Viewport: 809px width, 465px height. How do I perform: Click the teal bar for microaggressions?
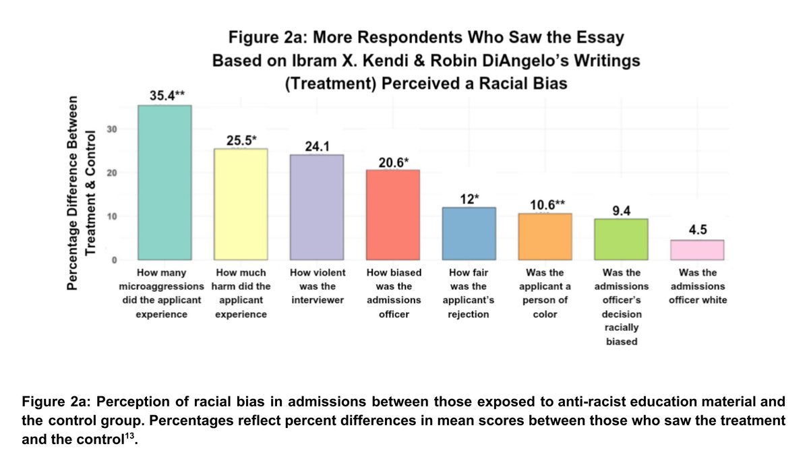pos(164,183)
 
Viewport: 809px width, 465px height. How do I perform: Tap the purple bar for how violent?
pos(316,207)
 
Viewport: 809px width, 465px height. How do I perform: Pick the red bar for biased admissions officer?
pos(392,215)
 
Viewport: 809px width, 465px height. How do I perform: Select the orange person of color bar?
pos(545,237)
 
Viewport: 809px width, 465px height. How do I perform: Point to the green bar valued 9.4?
pos(621,239)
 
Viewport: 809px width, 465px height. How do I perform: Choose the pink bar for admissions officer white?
pos(697,249)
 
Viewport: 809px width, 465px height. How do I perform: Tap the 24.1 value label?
pos(317,144)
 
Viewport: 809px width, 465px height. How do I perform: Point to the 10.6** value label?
pos(545,204)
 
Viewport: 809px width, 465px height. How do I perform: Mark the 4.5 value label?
pos(698,230)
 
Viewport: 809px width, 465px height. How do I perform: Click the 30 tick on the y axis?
pos(115,129)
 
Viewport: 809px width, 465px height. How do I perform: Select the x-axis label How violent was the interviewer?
pos(316,286)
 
